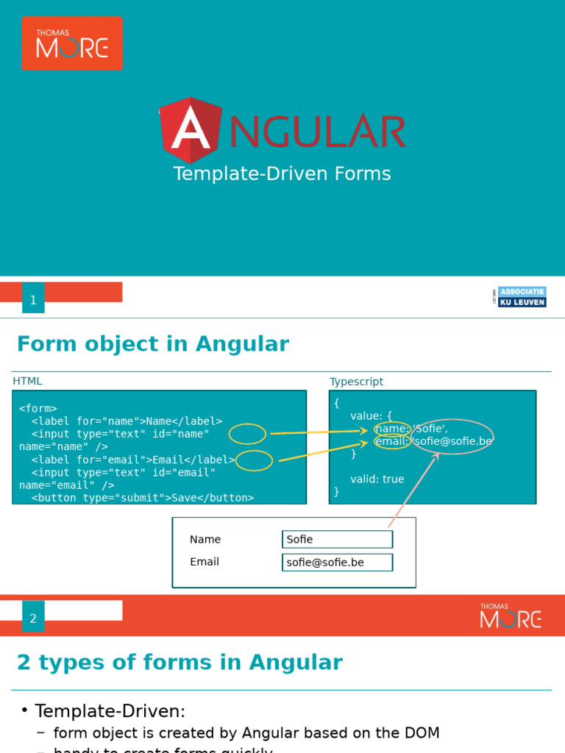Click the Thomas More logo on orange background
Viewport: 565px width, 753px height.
72,43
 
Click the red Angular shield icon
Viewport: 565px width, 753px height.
190,130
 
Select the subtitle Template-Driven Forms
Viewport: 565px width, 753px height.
282,174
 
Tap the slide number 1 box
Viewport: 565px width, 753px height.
33,299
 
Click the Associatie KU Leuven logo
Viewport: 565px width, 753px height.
521,296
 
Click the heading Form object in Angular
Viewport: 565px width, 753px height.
153,344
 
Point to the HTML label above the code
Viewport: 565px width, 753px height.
27,381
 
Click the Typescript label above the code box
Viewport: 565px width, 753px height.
356,382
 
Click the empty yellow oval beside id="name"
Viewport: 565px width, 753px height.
247,435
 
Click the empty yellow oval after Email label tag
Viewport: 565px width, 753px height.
255,461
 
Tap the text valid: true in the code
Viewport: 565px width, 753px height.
377,479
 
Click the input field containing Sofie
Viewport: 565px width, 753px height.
337,539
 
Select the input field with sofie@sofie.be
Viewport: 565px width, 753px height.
337,563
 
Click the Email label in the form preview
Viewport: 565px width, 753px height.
205,562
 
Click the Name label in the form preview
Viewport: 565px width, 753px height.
205,539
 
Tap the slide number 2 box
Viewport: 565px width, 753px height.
33,618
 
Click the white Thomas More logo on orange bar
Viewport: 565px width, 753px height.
511,616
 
